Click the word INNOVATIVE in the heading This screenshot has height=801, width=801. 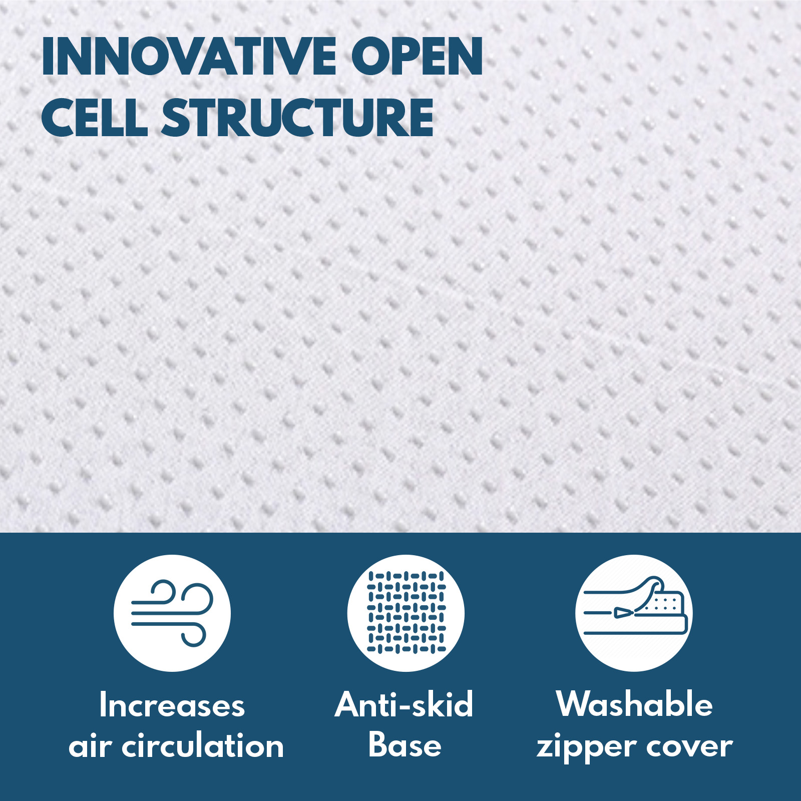coord(189,57)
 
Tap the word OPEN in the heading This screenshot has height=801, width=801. coord(417,57)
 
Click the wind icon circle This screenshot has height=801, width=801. coord(172,613)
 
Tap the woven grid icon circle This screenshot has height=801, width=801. coord(406,613)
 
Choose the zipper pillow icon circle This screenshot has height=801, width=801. coord(634,613)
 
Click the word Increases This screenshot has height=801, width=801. coord(172,705)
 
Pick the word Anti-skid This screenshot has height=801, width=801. coord(404,704)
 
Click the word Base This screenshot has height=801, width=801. coord(405,745)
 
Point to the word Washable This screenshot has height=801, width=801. coord(634,704)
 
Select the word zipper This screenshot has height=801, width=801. coord(585,748)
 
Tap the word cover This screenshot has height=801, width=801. coord(689,747)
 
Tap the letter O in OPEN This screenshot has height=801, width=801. coord(371,57)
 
